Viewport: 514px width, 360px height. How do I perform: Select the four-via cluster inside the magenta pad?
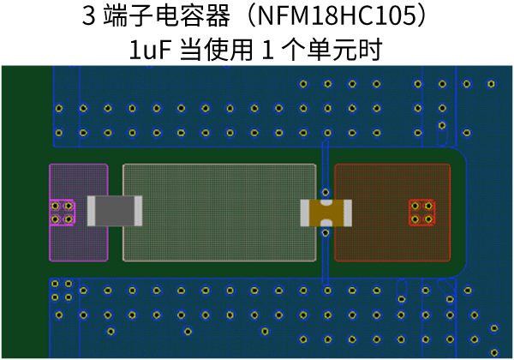(x=62, y=212)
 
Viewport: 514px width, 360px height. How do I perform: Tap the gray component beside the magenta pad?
(x=115, y=211)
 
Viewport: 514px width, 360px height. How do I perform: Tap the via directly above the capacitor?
(x=325, y=192)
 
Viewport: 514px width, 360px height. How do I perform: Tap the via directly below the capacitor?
(x=325, y=232)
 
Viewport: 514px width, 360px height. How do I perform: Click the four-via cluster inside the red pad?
(x=421, y=212)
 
